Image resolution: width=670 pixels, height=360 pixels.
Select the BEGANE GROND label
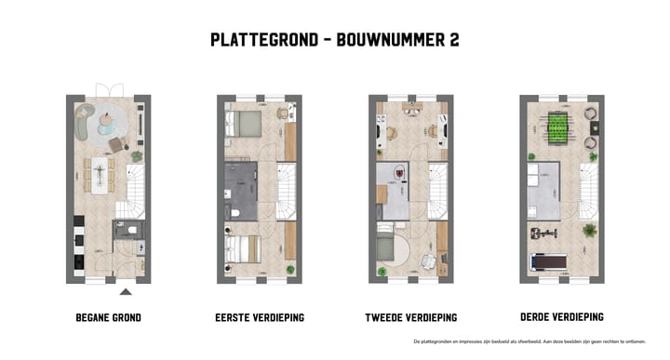click(x=108, y=317)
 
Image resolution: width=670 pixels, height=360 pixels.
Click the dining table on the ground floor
click(x=100, y=173)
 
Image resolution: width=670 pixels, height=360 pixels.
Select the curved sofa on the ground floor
click(x=87, y=119)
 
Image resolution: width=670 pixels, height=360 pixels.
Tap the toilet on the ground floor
click(x=132, y=231)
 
